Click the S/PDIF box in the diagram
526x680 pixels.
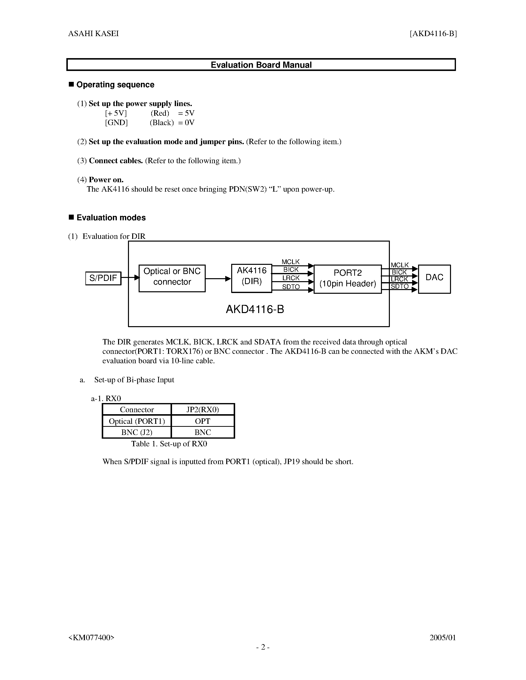pos(103,278)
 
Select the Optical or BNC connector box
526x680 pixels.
pos(172,278)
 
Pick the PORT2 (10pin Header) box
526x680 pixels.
pos(348,279)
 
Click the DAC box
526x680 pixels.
pos(434,279)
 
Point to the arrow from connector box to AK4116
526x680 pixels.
pos(218,279)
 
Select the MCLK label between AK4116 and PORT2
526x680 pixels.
pos(290,262)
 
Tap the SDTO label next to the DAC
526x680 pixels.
pos(400,286)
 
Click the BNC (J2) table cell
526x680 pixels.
pos(137,432)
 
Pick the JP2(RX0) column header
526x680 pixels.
pos(202,409)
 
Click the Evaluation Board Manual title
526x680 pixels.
pos(261,65)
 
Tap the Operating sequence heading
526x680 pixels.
pos(115,85)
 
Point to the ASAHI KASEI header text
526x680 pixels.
pos(94,34)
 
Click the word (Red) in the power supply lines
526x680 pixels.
pos(160,113)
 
